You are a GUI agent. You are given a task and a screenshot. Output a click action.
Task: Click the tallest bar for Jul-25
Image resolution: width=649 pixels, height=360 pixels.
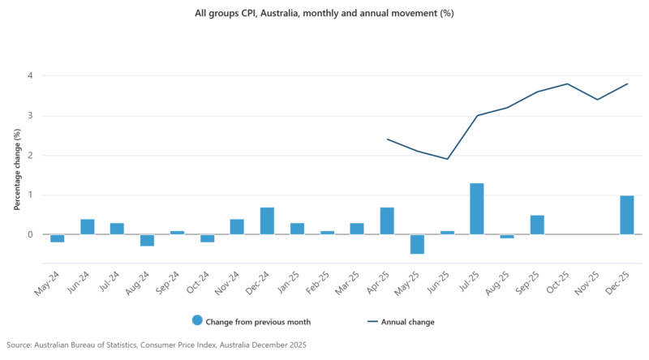(477, 209)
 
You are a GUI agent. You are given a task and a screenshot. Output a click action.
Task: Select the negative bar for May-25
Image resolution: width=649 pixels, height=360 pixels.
(417, 244)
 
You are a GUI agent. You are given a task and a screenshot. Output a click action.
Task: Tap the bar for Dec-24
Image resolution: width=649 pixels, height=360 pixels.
(267, 221)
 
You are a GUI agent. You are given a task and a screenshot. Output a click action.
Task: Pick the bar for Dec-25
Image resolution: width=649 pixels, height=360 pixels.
(627, 215)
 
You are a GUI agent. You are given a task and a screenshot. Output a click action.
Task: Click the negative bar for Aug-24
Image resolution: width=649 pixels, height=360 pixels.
(147, 240)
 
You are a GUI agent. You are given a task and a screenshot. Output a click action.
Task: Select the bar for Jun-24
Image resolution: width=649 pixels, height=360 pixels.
(87, 227)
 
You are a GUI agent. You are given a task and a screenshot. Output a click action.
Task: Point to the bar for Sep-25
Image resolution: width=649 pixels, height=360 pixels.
(537, 225)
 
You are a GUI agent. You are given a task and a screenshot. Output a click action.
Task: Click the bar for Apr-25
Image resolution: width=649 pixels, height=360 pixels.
(387, 221)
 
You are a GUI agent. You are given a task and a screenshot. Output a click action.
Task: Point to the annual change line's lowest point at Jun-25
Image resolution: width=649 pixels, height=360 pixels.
(447, 159)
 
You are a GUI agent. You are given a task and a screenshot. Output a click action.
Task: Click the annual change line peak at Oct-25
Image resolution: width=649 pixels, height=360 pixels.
(567, 84)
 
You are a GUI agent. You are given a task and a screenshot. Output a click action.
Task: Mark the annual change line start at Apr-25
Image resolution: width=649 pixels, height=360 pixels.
(387, 139)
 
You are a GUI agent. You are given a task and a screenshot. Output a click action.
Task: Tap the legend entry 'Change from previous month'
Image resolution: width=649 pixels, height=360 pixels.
(251, 322)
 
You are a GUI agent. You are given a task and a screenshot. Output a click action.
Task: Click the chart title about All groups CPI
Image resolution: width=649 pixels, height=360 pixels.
(324, 14)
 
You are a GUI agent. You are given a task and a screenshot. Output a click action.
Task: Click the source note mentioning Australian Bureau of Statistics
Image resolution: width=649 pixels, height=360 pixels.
(154, 345)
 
